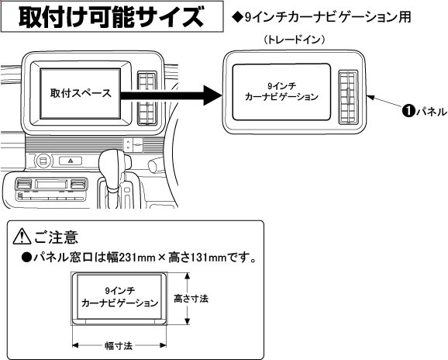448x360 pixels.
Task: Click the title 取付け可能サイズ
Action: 111,17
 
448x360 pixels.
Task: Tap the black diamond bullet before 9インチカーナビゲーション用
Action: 238,18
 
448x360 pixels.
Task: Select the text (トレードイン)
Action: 295,40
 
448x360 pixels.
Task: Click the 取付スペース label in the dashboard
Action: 81,93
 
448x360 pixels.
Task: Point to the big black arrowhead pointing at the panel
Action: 212,95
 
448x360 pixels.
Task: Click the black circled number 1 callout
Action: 408,111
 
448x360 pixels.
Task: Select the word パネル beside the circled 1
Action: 431,111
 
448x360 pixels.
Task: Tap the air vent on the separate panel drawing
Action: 348,98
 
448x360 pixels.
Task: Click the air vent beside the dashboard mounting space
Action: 147,98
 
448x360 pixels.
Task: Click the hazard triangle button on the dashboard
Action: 71,161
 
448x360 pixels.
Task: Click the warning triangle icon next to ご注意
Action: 22,237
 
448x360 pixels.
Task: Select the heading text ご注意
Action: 56,237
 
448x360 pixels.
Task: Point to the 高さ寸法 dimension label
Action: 191,299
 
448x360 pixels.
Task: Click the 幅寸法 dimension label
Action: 119,346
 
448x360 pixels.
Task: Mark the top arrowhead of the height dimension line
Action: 187,276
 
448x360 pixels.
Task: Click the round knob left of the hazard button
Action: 43,161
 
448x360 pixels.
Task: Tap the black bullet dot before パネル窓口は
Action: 26,258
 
